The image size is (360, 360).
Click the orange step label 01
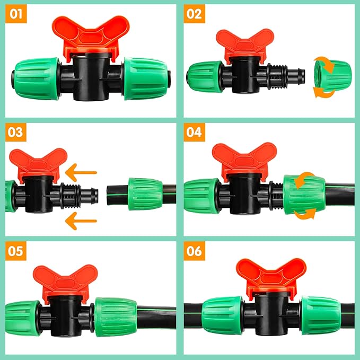coord(16,14)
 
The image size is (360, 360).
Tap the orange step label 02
coord(195,14)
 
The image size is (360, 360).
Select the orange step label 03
coord(16,132)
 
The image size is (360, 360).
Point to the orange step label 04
coord(195,132)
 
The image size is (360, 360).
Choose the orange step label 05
coord(16,251)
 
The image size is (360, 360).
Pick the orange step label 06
coord(195,251)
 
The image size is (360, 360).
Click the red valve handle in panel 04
coord(241,158)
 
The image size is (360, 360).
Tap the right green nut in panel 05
coord(115,317)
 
